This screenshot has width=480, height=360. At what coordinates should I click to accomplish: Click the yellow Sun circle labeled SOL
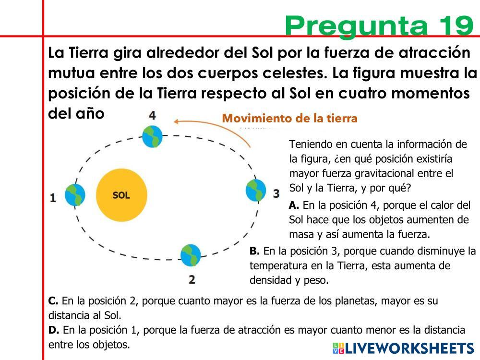pyautogui.click(x=121, y=195)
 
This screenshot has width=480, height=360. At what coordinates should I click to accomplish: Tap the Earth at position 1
pyautogui.click(x=75, y=194)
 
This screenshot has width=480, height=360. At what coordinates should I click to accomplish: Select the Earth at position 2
pyautogui.click(x=191, y=255)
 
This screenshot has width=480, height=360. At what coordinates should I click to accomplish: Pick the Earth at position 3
pyautogui.click(x=256, y=191)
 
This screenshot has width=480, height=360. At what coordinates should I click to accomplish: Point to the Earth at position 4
pyautogui.click(x=152, y=136)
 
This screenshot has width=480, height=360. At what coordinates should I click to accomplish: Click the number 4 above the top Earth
pyautogui.click(x=152, y=115)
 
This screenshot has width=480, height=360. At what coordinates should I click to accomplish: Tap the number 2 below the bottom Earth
pyautogui.click(x=192, y=279)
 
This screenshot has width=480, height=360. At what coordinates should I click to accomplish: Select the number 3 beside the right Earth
pyautogui.click(x=276, y=193)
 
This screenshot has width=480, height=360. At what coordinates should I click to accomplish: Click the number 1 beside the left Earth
pyautogui.click(x=53, y=197)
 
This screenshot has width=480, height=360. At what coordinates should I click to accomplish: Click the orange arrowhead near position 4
pyautogui.click(x=177, y=121)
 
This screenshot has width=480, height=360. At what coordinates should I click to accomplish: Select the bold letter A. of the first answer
pyautogui.click(x=294, y=205)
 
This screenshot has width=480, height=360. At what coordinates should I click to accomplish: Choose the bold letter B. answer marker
pyautogui.click(x=255, y=251)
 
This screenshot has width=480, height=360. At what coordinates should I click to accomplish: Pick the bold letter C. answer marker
pyautogui.click(x=53, y=301)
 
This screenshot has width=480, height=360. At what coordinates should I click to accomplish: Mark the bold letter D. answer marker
pyautogui.click(x=54, y=330)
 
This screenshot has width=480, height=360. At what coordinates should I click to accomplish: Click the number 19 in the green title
pyautogui.click(x=455, y=25)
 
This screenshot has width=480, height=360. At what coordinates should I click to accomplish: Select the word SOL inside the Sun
pyautogui.click(x=121, y=195)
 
